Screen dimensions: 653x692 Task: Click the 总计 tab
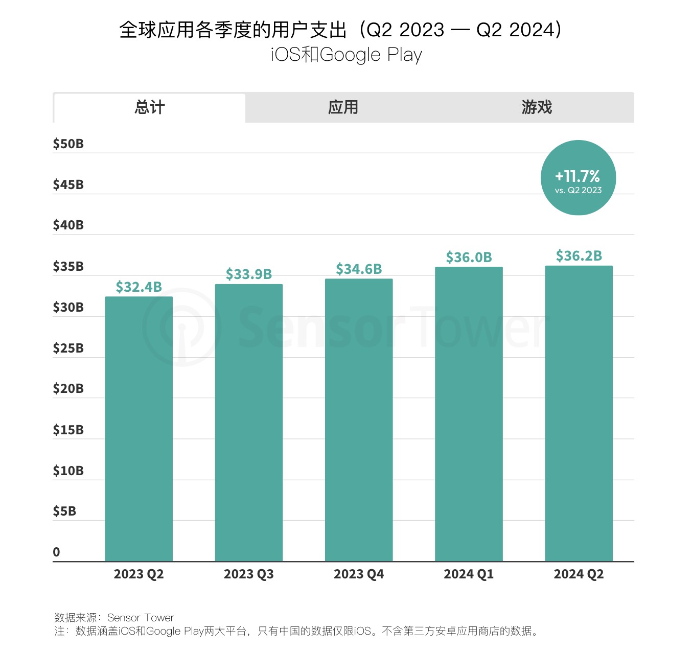coord(149,108)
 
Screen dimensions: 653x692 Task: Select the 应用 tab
coord(343,108)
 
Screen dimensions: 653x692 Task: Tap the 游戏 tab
coord(537,108)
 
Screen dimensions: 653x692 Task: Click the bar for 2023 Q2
coord(139,429)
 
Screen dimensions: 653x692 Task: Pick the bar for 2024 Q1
coord(469,414)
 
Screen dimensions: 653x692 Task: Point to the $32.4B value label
coord(139,287)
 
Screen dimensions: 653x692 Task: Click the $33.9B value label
coord(249,274)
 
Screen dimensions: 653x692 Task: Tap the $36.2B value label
coord(579,256)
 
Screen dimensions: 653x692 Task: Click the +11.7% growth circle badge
coord(578,178)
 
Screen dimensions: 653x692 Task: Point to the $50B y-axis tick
coord(68,144)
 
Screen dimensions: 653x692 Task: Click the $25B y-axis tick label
coord(68,348)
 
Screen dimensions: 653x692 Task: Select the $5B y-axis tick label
coord(64,511)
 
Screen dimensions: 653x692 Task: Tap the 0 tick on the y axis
coord(56,552)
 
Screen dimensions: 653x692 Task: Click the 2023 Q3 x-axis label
coord(249,574)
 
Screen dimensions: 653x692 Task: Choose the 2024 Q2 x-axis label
coord(579,574)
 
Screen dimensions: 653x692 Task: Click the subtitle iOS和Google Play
coord(346,55)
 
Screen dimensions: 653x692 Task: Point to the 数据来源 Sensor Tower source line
coord(114,618)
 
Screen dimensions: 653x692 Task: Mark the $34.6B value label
coord(359,269)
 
